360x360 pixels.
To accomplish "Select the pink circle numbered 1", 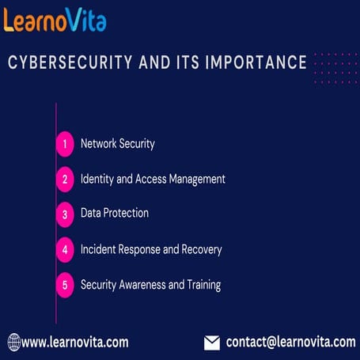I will point(65,144).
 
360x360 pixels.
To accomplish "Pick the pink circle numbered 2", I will point(65,179).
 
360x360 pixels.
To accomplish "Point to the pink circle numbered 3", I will point(65,214).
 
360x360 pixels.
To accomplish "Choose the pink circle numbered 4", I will point(65,249).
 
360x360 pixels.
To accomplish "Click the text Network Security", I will point(117,144).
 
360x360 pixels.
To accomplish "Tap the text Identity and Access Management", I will point(153,179).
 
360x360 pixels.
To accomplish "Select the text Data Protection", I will point(115,213).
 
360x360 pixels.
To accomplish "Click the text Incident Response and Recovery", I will point(151,249).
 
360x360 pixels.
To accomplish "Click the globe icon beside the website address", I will point(14,343).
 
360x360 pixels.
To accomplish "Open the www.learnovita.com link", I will point(75,343).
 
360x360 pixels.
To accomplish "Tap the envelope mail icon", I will point(212,343).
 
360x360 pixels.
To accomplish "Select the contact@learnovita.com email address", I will point(290,342).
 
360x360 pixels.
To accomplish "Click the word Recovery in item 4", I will point(201,249).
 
